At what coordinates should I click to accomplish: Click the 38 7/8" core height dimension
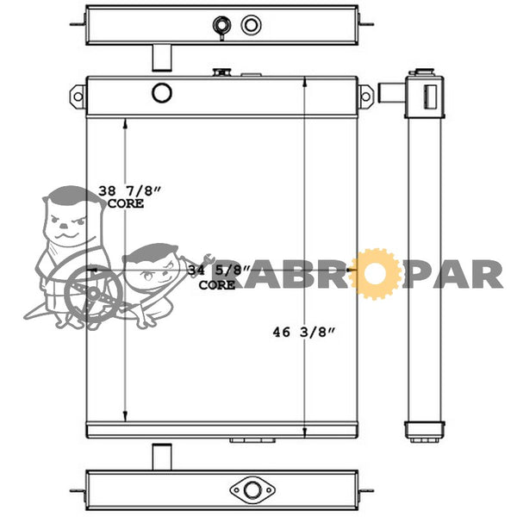[130, 196]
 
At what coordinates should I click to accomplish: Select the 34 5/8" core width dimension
[219, 277]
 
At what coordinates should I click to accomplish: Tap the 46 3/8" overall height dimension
[303, 332]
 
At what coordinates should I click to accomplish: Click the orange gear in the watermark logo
[375, 274]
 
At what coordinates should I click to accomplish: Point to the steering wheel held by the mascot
[93, 294]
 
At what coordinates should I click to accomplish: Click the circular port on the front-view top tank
[162, 93]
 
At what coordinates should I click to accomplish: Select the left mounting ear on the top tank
[78, 97]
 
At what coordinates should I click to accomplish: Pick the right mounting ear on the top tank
[365, 97]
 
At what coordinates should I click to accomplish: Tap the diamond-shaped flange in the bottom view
[252, 490]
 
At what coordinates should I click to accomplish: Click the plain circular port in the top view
[252, 25]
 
